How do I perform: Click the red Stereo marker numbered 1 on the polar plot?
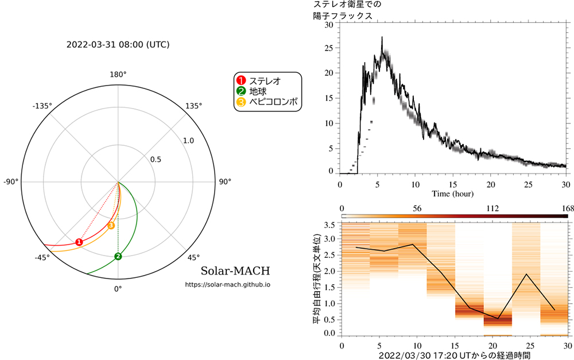(79, 242)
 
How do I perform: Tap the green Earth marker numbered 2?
(118, 256)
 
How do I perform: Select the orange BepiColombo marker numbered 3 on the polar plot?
(111, 226)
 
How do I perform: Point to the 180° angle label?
(118, 75)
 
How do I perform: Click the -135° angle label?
(42, 106)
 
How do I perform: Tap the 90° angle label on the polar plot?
(225, 182)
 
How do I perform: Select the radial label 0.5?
(156, 160)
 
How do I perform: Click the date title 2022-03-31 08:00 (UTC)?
(118, 44)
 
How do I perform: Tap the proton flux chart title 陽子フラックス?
(343, 16)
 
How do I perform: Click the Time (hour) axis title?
(453, 194)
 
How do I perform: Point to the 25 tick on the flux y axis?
(328, 49)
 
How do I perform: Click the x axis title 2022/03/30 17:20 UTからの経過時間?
(453, 355)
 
